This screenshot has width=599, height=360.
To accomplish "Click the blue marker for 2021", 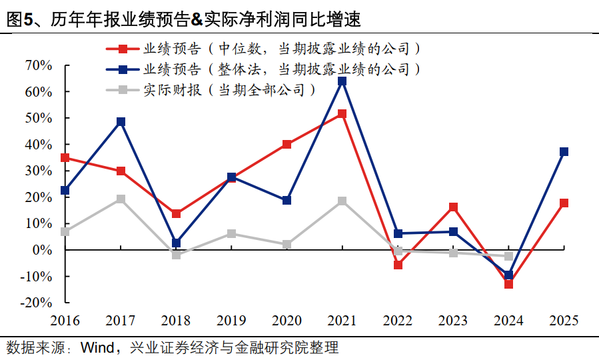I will [342, 81].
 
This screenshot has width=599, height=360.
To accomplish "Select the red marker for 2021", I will [342, 114].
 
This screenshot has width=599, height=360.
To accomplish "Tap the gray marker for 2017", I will [121, 199].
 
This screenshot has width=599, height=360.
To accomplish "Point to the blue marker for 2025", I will [564, 152].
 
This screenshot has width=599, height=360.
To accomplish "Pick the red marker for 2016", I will [65, 158].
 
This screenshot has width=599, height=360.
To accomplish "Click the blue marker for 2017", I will [121, 122].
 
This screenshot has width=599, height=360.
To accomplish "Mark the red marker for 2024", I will [508, 284].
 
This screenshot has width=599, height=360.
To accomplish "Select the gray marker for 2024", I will [508, 256].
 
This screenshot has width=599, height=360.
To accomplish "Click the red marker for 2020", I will [287, 144].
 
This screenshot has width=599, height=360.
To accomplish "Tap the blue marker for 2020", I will [287, 200].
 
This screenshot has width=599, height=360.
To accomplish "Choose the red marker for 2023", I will [453, 207].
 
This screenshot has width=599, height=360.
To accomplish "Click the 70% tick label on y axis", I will [38, 65].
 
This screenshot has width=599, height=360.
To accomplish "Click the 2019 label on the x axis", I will [231, 321].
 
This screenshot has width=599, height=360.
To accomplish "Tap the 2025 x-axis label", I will [564, 321].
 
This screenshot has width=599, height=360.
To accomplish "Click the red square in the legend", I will [123, 49].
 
